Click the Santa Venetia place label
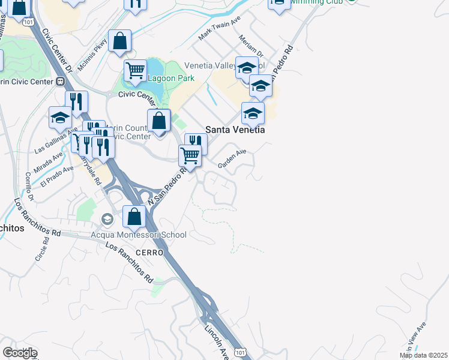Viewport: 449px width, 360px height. point(235,129)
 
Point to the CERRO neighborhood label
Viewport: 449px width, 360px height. point(149,253)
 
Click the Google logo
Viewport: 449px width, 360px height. point(20,353)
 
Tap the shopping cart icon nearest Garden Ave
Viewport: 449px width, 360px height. point(190,155)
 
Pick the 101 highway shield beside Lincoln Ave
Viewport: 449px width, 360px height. point(240,352)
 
